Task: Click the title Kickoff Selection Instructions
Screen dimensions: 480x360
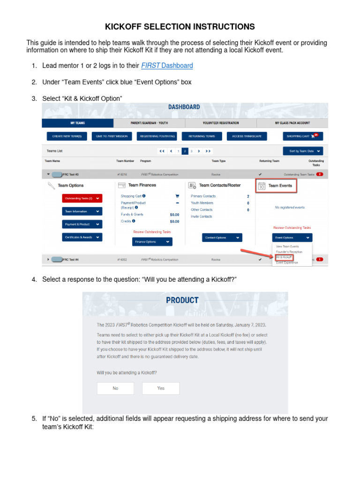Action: [180, 26]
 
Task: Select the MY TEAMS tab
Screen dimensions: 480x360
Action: [77, 123]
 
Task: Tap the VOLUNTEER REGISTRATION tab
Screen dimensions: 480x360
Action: [221, 123]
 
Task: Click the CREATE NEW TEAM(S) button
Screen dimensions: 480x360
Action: [67, 136]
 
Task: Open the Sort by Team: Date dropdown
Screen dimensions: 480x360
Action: [303, 151]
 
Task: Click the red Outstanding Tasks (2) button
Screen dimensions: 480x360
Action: [82, 198]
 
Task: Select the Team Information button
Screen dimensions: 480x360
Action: [82, 211]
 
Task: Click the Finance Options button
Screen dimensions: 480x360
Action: [152, 242]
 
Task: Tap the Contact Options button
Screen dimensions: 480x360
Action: [223, 238]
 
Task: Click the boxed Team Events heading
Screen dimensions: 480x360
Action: [277, 186]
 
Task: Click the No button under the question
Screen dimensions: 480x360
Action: [115, 388]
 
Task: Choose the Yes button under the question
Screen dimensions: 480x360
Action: [161, 388]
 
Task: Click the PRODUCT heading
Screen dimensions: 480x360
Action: [182, 300]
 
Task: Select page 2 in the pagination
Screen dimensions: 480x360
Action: [185, 151]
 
